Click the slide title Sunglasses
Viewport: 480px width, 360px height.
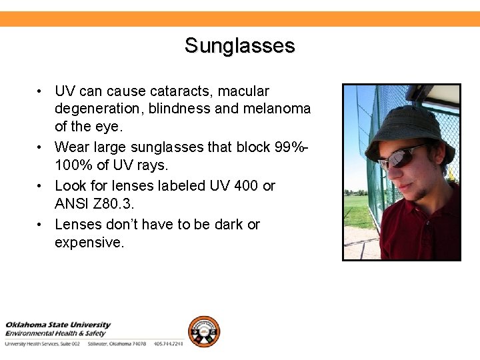tap(239, 46)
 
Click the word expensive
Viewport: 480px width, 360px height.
tap(89, 242)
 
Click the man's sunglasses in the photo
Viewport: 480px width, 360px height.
tap(401, 157)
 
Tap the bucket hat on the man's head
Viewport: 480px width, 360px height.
tap(407, 127)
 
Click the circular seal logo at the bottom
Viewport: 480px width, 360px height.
tap(203, 331)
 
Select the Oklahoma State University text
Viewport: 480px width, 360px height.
tap(59, 325)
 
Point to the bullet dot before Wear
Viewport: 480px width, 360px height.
tap(41, 147)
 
